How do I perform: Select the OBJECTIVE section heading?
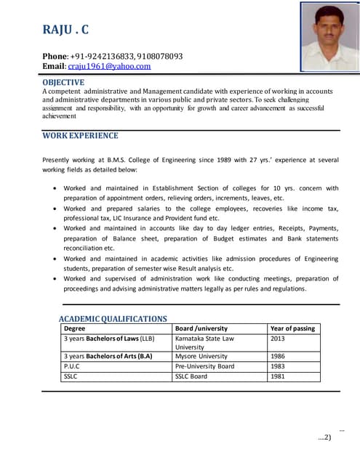63,82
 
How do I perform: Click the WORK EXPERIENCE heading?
80,135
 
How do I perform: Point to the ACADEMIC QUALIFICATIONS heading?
113,318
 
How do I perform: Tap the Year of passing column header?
292,328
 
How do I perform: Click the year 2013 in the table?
278,338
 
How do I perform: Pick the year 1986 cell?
278,356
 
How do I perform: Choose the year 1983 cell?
278,366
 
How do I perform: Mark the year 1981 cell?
278,376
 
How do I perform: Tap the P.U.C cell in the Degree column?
72,366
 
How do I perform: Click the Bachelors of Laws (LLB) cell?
109,338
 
